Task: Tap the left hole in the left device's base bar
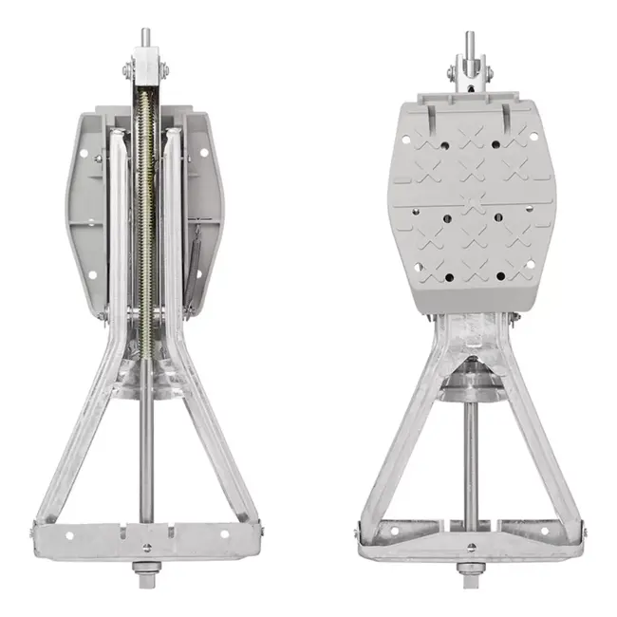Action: coord(69,534)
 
